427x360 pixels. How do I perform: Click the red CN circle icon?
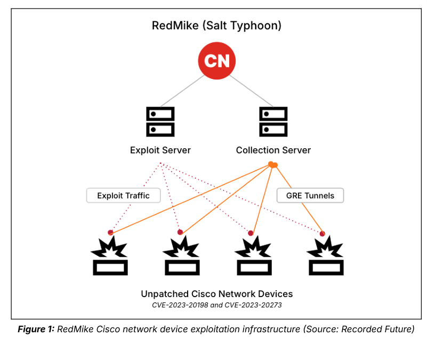(x=217, y=61)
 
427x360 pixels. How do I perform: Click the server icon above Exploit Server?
(x=160, y=122)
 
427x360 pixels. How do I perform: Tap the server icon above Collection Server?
(x=273, y=122)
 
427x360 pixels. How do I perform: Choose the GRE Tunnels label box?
(x=310, y=196)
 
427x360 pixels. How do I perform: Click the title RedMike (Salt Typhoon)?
(x=216, y=25)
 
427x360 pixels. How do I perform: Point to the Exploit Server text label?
(x=160, y=150)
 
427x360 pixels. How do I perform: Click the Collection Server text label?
(x=273, y=150)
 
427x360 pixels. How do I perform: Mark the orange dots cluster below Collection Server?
(x=273, y=165)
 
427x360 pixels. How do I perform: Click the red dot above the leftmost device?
(x=110, y=232)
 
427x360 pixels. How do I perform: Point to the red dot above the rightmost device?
(x=323, y=233)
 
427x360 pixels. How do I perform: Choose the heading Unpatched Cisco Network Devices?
(x=216, y=294)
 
